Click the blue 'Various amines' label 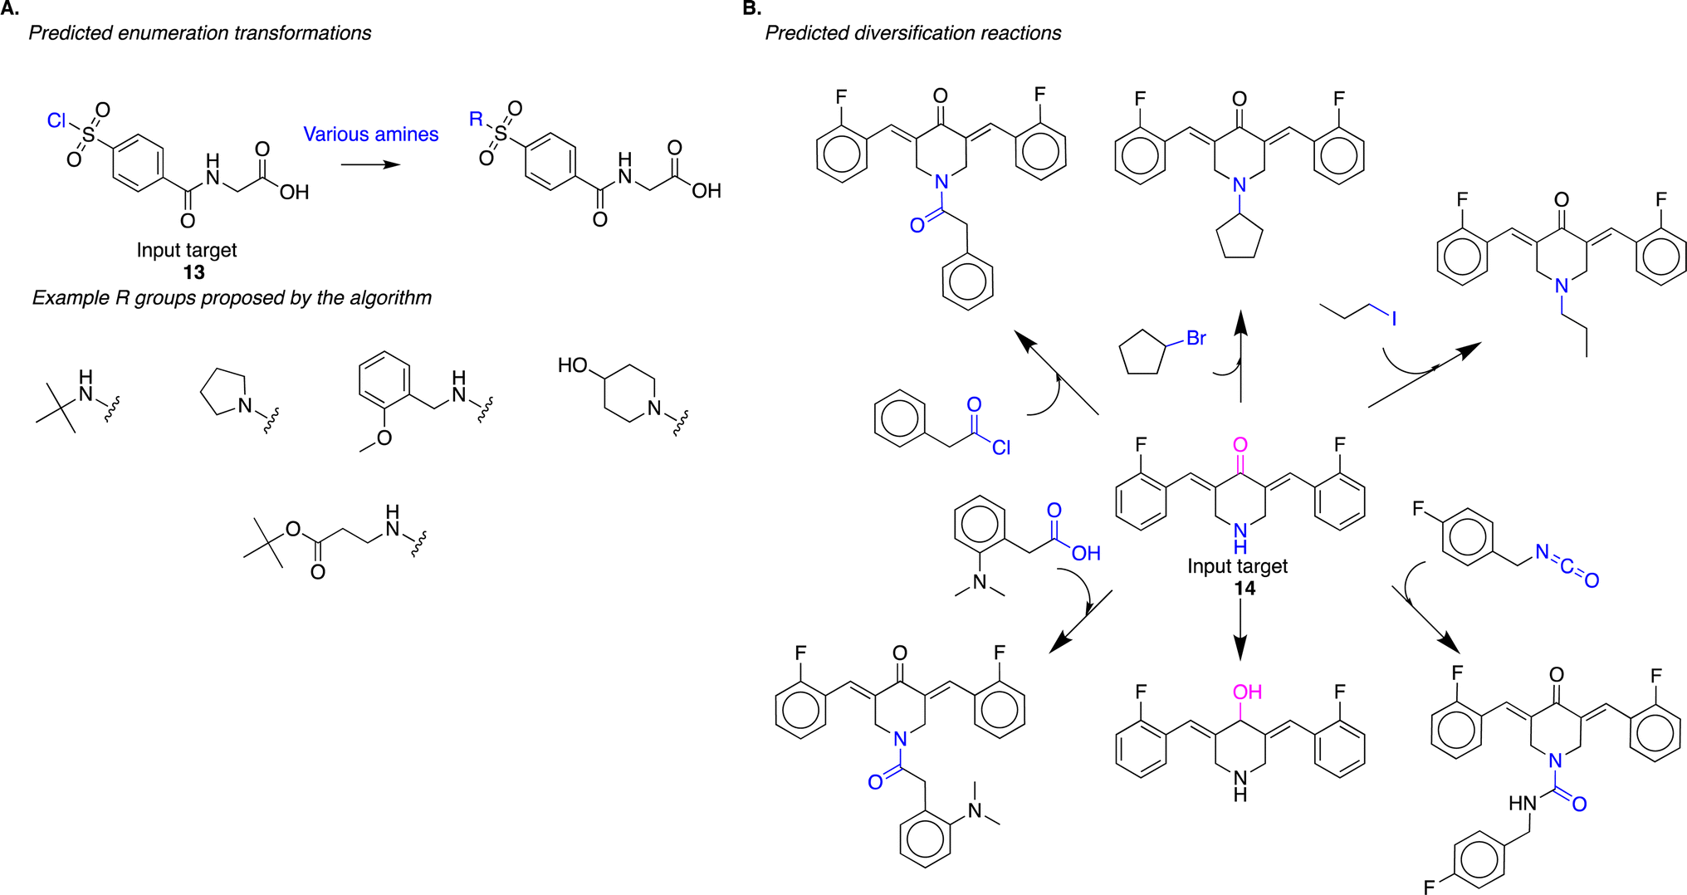pos(370,134)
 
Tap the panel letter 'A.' pos(10,8)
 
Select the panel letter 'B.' pos(751,8)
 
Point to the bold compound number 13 pos(193,272)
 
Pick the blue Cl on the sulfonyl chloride pos(56,121)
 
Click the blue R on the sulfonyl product pos(476,120)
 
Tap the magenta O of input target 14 pos(1240,446)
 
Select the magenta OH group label pos(1247,692)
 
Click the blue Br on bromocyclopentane pos(1196,338)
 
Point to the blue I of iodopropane pos(1394,318)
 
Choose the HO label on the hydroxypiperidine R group pos(573,365)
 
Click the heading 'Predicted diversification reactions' pos(912,33)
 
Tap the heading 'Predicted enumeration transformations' pos(200,33)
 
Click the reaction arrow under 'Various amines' pos(370,164)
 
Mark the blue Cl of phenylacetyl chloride pos(1001,447)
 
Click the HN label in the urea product pos(1523,803)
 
